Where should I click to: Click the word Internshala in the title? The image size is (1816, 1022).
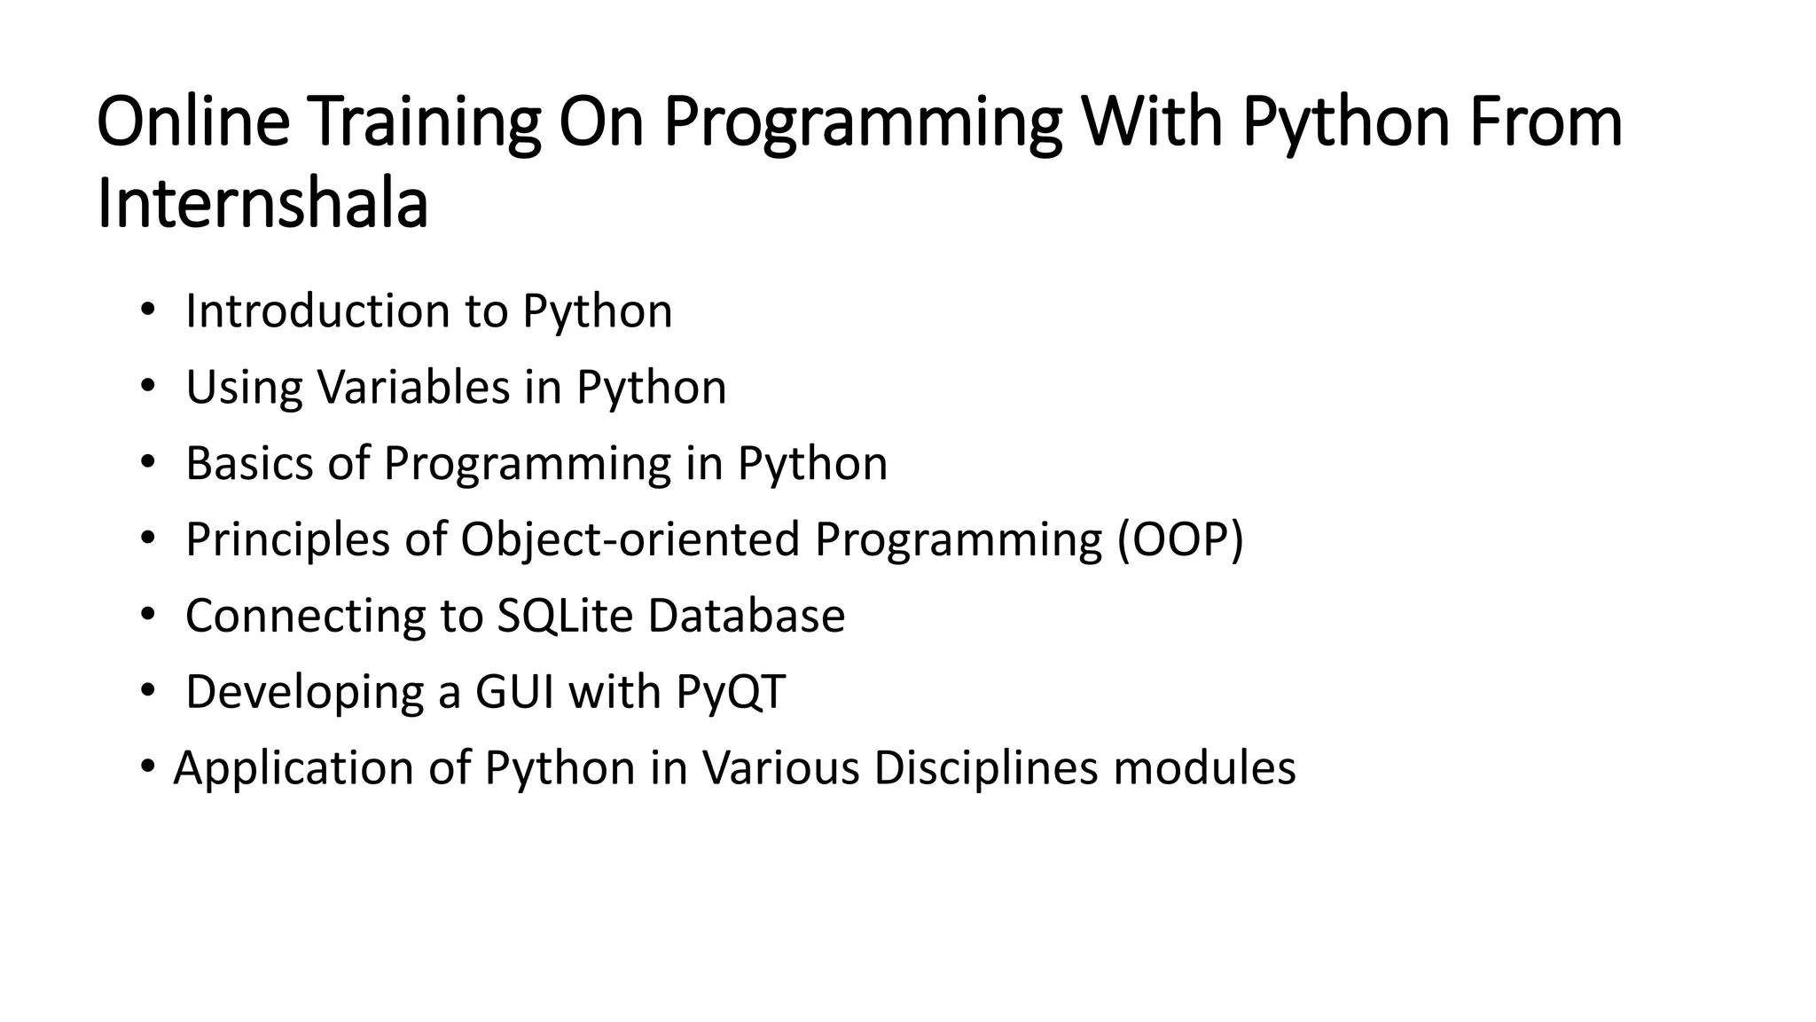pyautogui.click(x=262, y=204)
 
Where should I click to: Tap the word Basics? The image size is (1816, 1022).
pyautogui.click(x=249, y=463)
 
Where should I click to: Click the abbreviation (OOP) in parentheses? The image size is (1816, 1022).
pyautogui.click(x=1180, y=539)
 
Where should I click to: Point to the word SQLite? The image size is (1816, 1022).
pyautogui.click(x=565, y=616)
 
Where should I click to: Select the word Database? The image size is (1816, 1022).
pyautogui.click(x=746, y=616)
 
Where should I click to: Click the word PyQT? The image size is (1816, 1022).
pyautogui.click(x=731, y=692)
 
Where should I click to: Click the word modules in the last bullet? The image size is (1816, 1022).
pyautogui.click(x=1204, y=768)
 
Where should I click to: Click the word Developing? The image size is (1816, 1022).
pyautogui.click(x=304, y=692)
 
